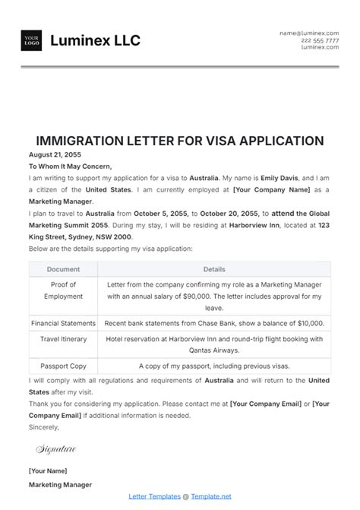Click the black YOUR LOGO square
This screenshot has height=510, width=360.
coord(32,41)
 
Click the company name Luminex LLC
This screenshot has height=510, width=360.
coord(95,41)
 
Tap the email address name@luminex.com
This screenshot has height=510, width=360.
coord(308,33)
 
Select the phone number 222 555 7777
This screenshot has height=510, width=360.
coord(320,40)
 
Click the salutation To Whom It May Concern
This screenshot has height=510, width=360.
coord(70,166)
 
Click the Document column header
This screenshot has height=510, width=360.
coord(63,269)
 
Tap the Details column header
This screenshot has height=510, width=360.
coord(214,269)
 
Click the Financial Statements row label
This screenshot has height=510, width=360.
coord(63,323)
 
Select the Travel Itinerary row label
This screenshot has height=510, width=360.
coord(63,339)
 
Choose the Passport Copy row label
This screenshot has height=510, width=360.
coord(63,366)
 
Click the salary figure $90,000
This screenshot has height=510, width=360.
coord(218,297)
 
